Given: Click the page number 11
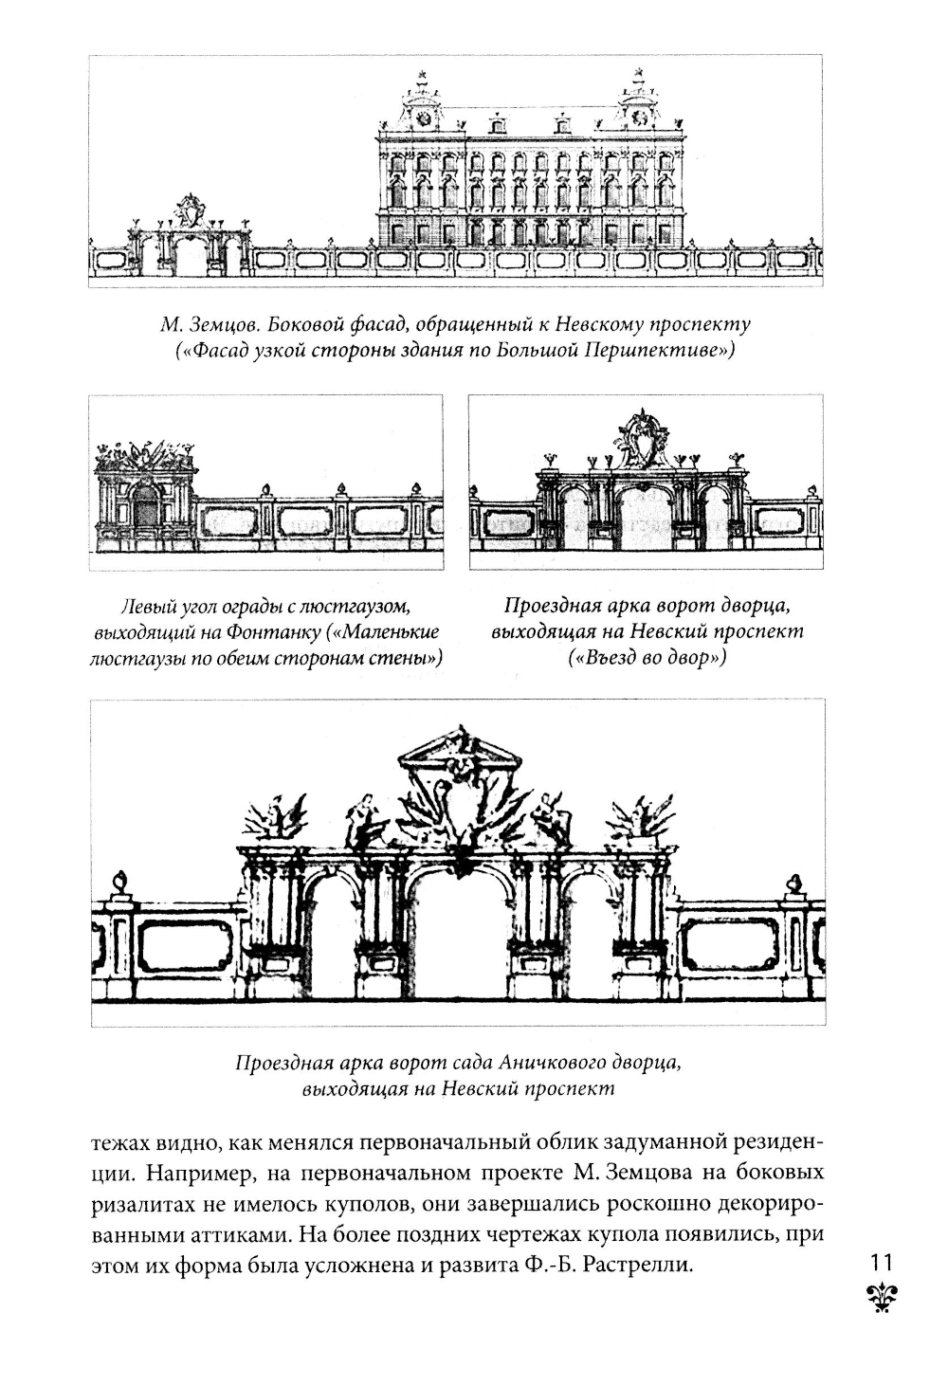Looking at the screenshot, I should click(881, 1262).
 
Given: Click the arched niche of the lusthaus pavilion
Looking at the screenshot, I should click(145, 513).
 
